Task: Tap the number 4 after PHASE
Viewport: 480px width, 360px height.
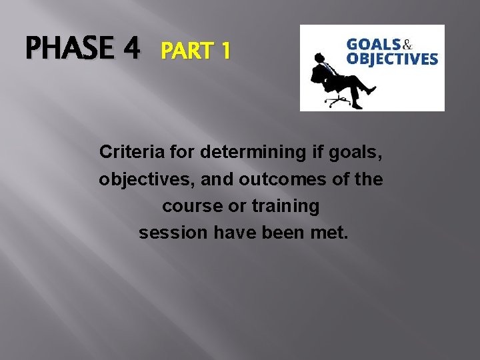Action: [x=130, y=49]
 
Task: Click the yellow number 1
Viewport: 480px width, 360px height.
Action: [x=225, y=51]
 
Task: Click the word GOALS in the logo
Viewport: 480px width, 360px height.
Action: [x=373, y=45]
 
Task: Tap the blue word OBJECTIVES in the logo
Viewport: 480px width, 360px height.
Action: [x=392, y=59]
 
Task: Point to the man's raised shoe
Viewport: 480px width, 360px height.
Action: [x=371, y=90]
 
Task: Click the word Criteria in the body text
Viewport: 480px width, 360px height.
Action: [x=127, y=153]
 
